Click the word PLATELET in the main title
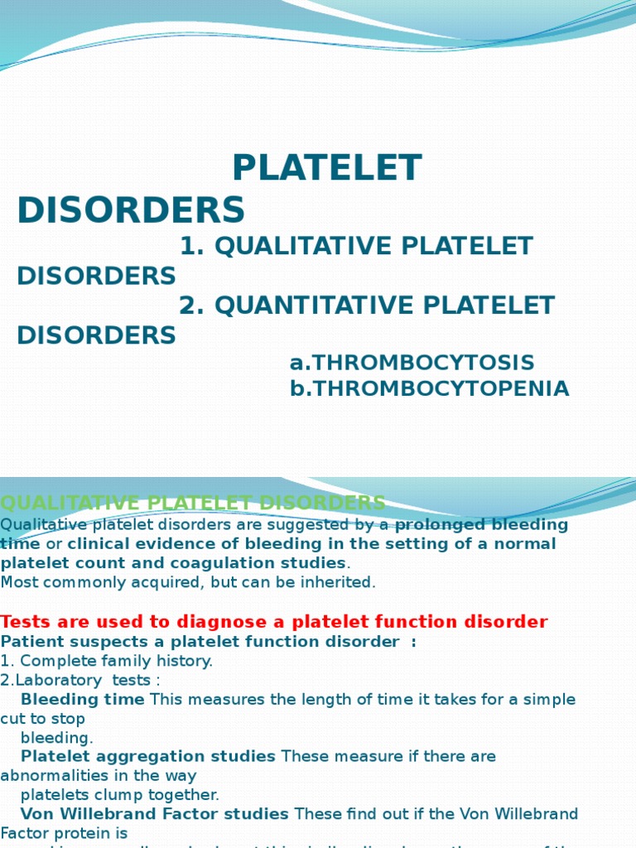point(326,169)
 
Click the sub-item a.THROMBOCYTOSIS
point(412,363)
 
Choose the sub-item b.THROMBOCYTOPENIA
point(429,388)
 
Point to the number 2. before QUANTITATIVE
point(191,306)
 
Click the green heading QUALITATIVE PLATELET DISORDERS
point(192,503)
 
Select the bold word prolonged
point(437,525)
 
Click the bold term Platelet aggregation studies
point(147,756)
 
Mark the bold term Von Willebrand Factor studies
point(154,814)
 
